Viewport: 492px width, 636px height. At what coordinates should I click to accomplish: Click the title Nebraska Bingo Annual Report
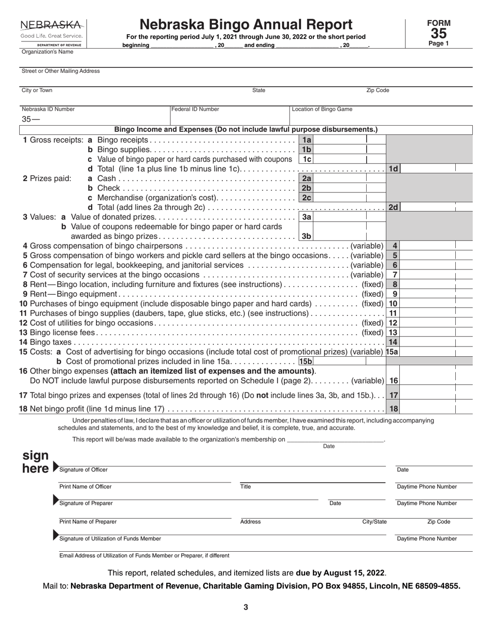pyautogui.click(x=246, y=24)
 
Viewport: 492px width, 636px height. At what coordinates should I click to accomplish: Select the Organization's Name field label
pyautogui.click(x=47, y=52)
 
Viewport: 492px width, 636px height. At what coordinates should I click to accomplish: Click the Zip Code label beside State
pyautogui.click(x=378, y=90)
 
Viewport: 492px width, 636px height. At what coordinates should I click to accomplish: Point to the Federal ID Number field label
pyautogui.click(x=195, y=109)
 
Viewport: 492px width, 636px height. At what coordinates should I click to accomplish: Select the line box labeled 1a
pyautogui.click(x=307, y=140)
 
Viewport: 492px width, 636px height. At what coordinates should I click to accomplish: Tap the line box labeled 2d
pyautogui.click(x=394, y=207)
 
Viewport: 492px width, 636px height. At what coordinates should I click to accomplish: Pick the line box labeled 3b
pyautogui.click(x=307, y=236)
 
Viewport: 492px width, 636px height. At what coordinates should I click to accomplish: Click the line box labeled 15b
pyautogui.click(x=306, y=361)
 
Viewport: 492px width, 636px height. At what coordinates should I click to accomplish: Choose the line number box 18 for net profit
pyautogui.click(x=394, y=408)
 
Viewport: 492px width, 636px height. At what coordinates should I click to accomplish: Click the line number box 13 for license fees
pyautogui.click(x=394, y=332)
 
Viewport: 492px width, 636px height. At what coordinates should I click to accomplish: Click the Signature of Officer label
pyautogui.click(x=83, y=470)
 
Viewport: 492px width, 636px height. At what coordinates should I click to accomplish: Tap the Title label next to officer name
pyautogui.click(x=245, y=487)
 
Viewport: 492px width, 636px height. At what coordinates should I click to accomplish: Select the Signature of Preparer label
pyautogui.click(x=85, y=503)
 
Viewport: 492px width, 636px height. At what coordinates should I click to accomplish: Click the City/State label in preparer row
pyautogui.click(x=374, y=522)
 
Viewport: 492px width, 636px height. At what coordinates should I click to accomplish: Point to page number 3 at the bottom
pyautogui.click(x=246, y=608)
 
